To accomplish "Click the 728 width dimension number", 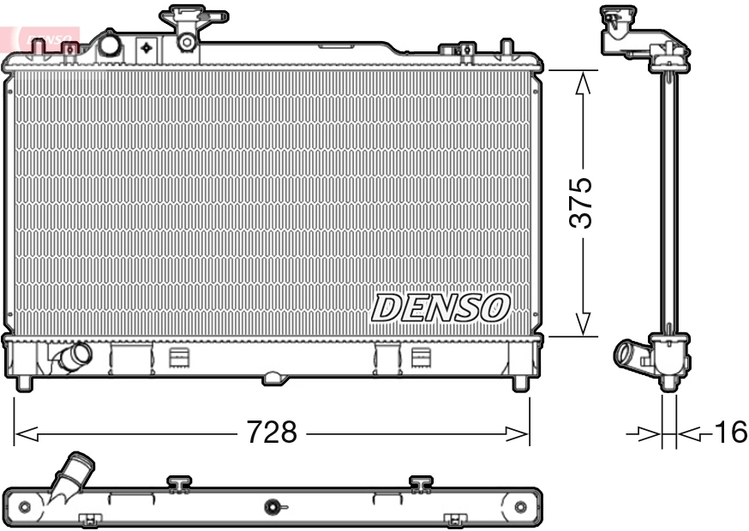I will tap(272, 433).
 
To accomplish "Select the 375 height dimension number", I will tap(582, 203).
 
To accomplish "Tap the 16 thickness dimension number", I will tap(730, 433).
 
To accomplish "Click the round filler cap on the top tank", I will tap(110, 45).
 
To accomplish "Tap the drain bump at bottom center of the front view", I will tap(273, 376).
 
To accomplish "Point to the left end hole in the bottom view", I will tap(24, 507).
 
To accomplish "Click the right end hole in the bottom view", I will tap(519, 507).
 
